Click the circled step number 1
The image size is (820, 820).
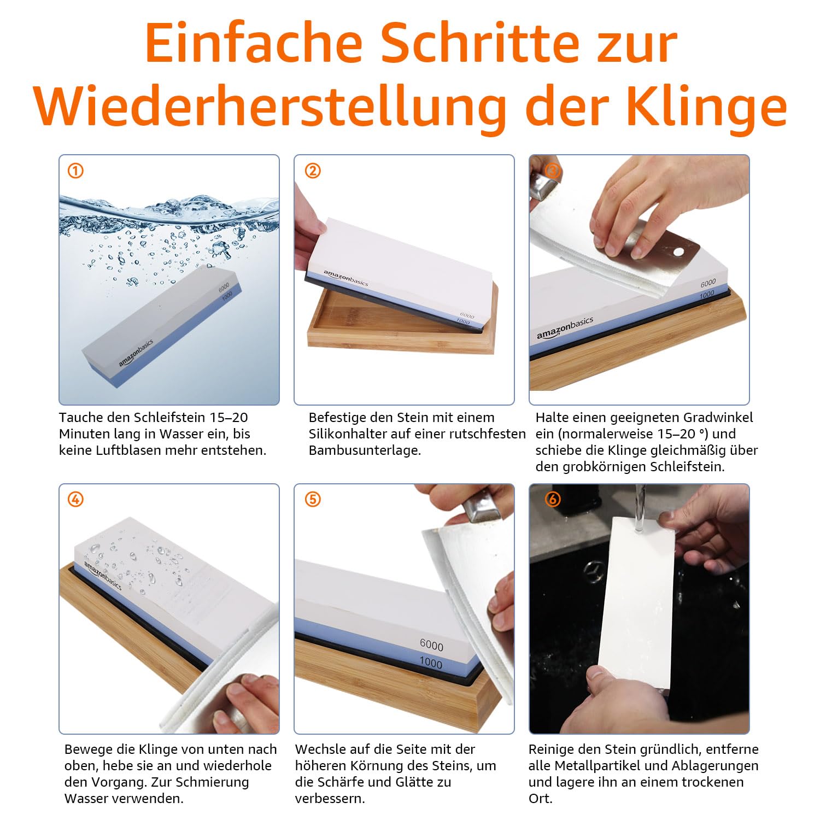(x=75, y=171)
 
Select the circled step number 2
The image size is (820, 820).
(x=312, y=171)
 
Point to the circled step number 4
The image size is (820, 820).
(x=75, y=500)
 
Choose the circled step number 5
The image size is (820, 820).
(x=312, y=500)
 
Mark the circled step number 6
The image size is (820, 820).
(x=553, y=500)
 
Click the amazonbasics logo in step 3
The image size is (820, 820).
(x=564, y=328)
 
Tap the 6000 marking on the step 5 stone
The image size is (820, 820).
(x=431, y=646)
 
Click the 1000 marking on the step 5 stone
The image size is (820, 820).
(x=431, y=663)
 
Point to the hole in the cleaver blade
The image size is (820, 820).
(x=679, y=251)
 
